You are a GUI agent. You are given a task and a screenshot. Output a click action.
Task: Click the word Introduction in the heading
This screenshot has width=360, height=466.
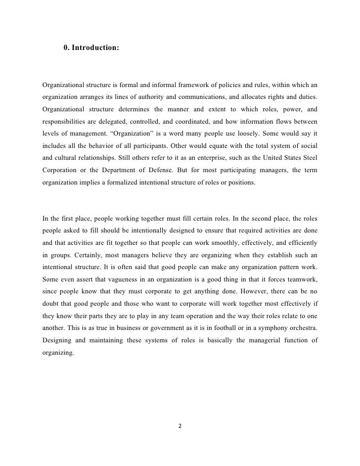[x=95, y=49]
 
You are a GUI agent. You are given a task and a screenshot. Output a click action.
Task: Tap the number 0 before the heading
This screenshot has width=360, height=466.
[x=66, y=49]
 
